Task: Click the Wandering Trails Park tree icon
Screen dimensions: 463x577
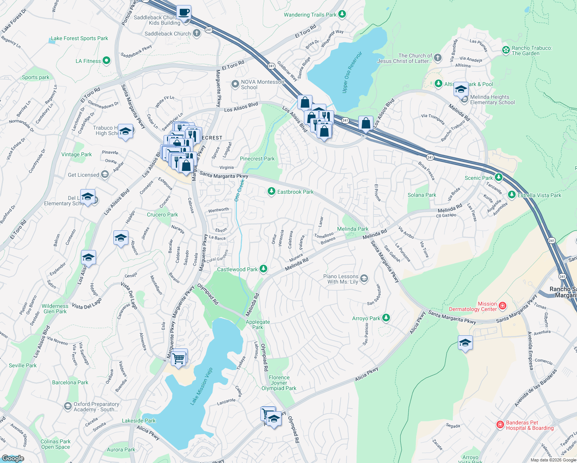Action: tap(342, 15)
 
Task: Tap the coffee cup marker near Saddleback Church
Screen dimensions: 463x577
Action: tap(184, 12)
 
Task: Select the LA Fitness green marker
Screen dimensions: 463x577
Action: tap(107, 61)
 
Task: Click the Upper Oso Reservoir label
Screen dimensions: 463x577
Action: tap(352, 72)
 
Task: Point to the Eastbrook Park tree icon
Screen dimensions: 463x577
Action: tap(272, 191)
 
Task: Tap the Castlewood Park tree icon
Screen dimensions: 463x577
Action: tap(263, 269)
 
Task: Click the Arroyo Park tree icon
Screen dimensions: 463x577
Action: tap(386, 318)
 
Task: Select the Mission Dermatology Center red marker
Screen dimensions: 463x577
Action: tap(503, 306)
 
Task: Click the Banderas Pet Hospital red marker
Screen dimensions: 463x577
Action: tap(500, 425)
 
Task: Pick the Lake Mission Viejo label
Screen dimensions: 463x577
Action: tap(201, 386)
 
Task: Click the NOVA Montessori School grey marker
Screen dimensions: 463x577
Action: tap(235, 84)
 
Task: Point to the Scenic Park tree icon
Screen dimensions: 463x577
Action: tap(499, 177)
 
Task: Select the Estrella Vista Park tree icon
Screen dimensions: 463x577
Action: tap(512, 195)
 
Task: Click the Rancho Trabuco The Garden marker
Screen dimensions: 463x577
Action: tap(506, 50)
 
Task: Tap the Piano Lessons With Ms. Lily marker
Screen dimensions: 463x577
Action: tap(364, 279)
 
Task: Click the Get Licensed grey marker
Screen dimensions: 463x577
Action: tap(105, 174)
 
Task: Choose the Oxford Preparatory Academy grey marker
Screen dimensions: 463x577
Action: tap(68, 406)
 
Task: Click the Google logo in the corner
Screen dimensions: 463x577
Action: tap(13, 458)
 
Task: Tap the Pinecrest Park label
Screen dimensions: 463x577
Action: tap(257, 159)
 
